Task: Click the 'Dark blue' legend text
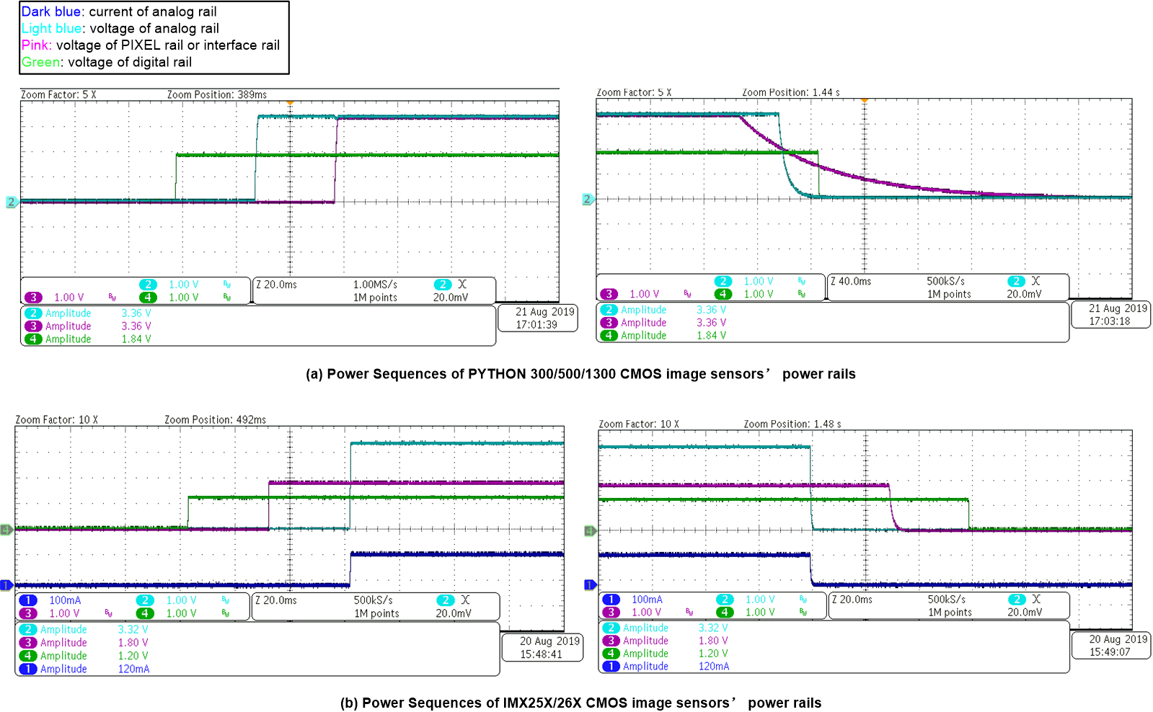50,12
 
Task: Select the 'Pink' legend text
35,45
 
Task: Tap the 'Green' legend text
40,62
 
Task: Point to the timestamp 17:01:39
536,325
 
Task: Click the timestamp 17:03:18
1110,321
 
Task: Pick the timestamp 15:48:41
541,654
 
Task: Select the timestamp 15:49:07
1110,652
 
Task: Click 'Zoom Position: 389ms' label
217,94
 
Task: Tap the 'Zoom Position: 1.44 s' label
791,92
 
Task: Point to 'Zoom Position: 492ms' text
215,419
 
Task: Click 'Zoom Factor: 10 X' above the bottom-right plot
639,424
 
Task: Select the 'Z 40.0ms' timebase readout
851,281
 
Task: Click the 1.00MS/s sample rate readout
375,285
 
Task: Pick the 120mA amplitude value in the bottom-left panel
134,669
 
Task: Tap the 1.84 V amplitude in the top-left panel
136,339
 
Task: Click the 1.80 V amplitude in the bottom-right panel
713,641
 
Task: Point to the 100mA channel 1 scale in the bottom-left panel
65,600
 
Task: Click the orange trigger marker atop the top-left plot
290,103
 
